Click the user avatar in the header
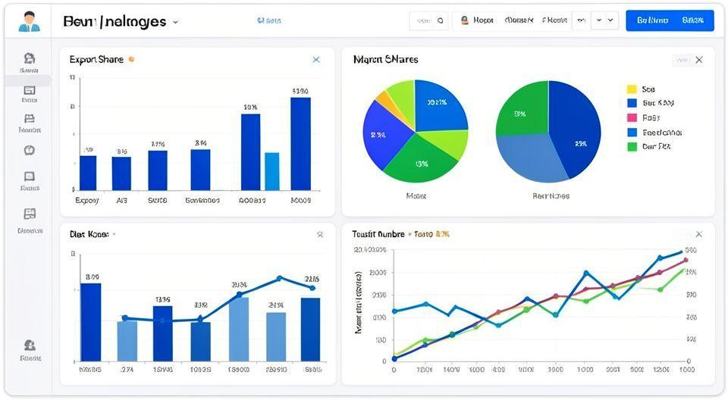pyautogui.click(x=29, y=20)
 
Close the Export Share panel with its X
pyautogui.click(x=316, y=60)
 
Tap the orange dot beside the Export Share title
pyautogui.click(x=132, y=59)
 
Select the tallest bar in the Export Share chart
pyautogui.click(x=300, y=143)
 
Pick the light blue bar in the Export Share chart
pyautogui.click(x=271, y=170)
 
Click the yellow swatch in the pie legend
pyautogui.click(x=632, y=89)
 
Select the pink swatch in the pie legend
pyautogui.click(x=632, y=117)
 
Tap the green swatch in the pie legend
pyautogui.click(x=632, y=146)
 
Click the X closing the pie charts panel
pyautogui.click(x=698, y=60)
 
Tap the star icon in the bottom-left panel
pyautogui.click(x=320, y=235)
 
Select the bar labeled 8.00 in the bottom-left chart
pyautogui.click(x=90, y=322)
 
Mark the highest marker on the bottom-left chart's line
pyautogui.click(x=279, y=279)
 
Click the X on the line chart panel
pyautogui.click(x=698, y=235)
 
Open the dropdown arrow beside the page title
pyautogui.click(x=176, y=22)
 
